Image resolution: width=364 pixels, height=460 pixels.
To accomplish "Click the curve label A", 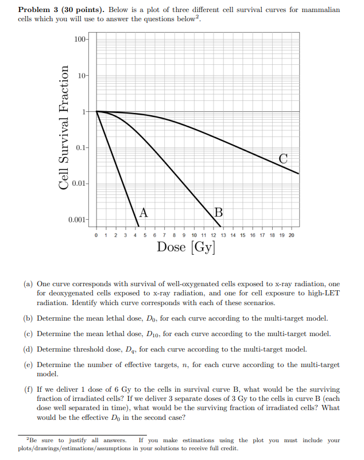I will (143, 212).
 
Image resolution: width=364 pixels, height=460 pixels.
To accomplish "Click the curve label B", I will (218, 212).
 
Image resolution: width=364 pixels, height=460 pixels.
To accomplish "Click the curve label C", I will (283, 158).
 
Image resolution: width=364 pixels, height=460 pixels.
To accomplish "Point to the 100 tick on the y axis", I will (80, 39).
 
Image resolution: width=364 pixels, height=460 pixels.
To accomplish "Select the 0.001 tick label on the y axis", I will (77, 220).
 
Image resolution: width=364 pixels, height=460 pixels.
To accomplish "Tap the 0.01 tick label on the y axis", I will (79, 184).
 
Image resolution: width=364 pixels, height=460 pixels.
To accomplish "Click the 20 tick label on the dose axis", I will (291, 235).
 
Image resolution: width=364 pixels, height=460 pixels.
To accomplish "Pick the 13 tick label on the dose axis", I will (223, 235).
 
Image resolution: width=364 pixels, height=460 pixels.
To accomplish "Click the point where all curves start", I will (96, 111).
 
